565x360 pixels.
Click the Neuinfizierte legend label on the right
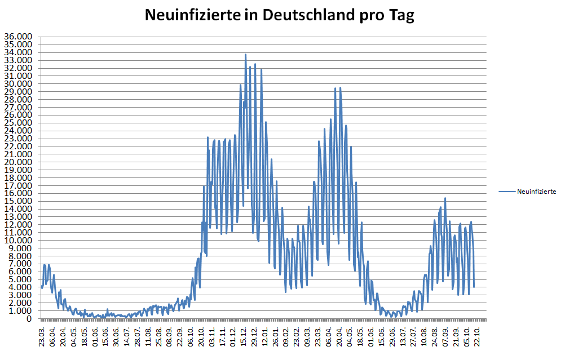click(x=537, y=192)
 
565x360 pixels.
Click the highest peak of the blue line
click(x=245, y=55)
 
